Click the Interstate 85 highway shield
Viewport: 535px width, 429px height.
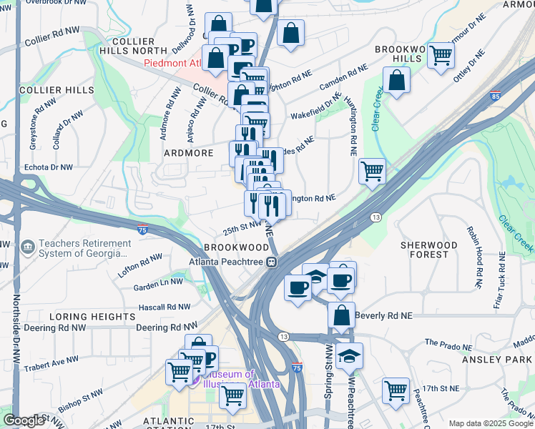coord(496,94)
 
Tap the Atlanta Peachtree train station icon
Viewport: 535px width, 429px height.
coord(272,262)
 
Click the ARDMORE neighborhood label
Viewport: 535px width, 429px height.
coord(189,153)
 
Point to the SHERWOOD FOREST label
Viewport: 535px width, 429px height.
coord(428,250)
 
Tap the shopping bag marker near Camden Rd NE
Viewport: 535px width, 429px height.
coord(396,81)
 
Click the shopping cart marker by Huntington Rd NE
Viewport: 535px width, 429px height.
coord(372,172)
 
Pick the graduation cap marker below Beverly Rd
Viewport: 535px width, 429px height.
coord(348,355)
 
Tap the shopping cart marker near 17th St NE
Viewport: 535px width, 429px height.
coord(396,390)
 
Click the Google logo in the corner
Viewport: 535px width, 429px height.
coord(23,420)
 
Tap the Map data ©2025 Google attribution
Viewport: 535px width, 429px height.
coord(491,423)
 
